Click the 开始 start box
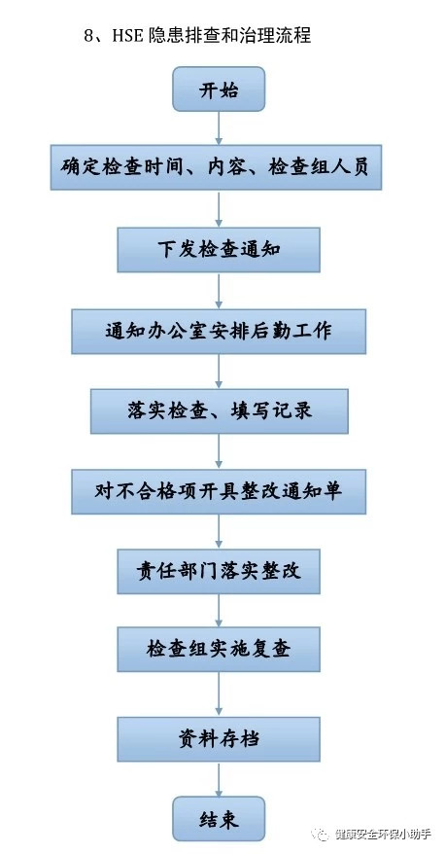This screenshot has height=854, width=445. (x=219, y=89)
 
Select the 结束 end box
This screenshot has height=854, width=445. (x=219, y=819)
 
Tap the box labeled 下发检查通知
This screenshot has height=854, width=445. (x=219, y=250)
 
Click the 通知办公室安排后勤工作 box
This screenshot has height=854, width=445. (x=219, y=331)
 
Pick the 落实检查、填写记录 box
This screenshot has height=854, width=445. (x=219, y=411)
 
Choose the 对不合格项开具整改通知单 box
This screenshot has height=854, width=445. (x=219, y=492)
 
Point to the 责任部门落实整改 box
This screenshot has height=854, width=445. (x=219, y=571)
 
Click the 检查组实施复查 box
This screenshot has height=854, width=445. (x=219, y=649)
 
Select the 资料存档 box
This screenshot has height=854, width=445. (x=219, y=739)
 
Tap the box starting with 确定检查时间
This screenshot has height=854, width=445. (x=216, y=167)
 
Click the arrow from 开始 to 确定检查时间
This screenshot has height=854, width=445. (x=219, y=128)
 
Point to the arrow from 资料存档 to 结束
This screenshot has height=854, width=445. (x=219, y=779)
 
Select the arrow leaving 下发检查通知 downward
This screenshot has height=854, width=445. (x=219, y=290)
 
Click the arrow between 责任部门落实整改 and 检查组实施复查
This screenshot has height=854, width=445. (x=219, y=610)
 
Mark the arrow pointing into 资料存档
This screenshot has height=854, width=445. (x=219, y=694)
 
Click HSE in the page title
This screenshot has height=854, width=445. (x=127, y=36)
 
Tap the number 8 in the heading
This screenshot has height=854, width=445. (x=88, y=37)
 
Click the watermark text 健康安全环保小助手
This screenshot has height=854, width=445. (x=384, y=834)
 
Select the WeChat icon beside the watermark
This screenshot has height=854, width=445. (x=321, y=834)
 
